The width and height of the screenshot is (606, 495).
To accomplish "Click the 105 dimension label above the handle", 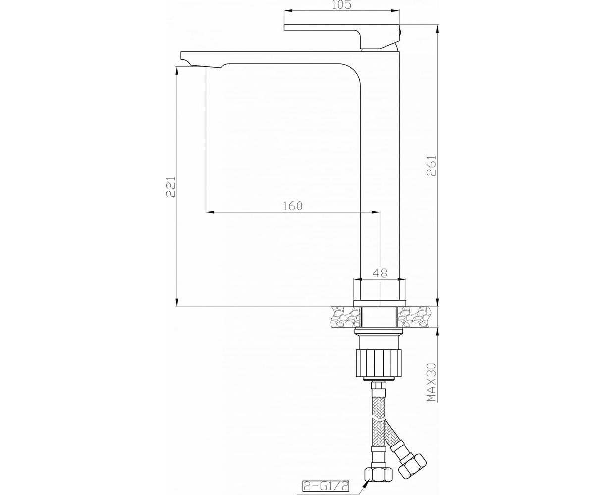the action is tap(341, 5).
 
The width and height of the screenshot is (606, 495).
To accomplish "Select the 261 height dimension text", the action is tap(431, 166).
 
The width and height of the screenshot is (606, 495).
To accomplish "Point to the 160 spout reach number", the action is tap(293, 205).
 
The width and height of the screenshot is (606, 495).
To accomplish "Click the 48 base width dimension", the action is tap(380, 272).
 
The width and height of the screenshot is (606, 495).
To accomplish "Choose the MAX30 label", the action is tap(431, 382).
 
